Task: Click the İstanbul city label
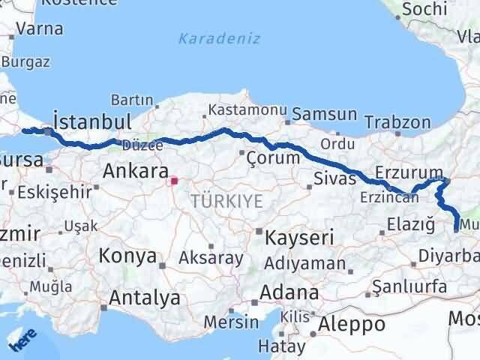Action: (92, 121)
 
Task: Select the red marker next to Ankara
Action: (175, 180)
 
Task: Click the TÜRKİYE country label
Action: (226, 200)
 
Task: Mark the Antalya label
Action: (145, 298)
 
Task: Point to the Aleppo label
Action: (352, 324)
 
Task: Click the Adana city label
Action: (289, 292)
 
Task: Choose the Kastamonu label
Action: (244, 109)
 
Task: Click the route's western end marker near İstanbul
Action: (25, 130)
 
